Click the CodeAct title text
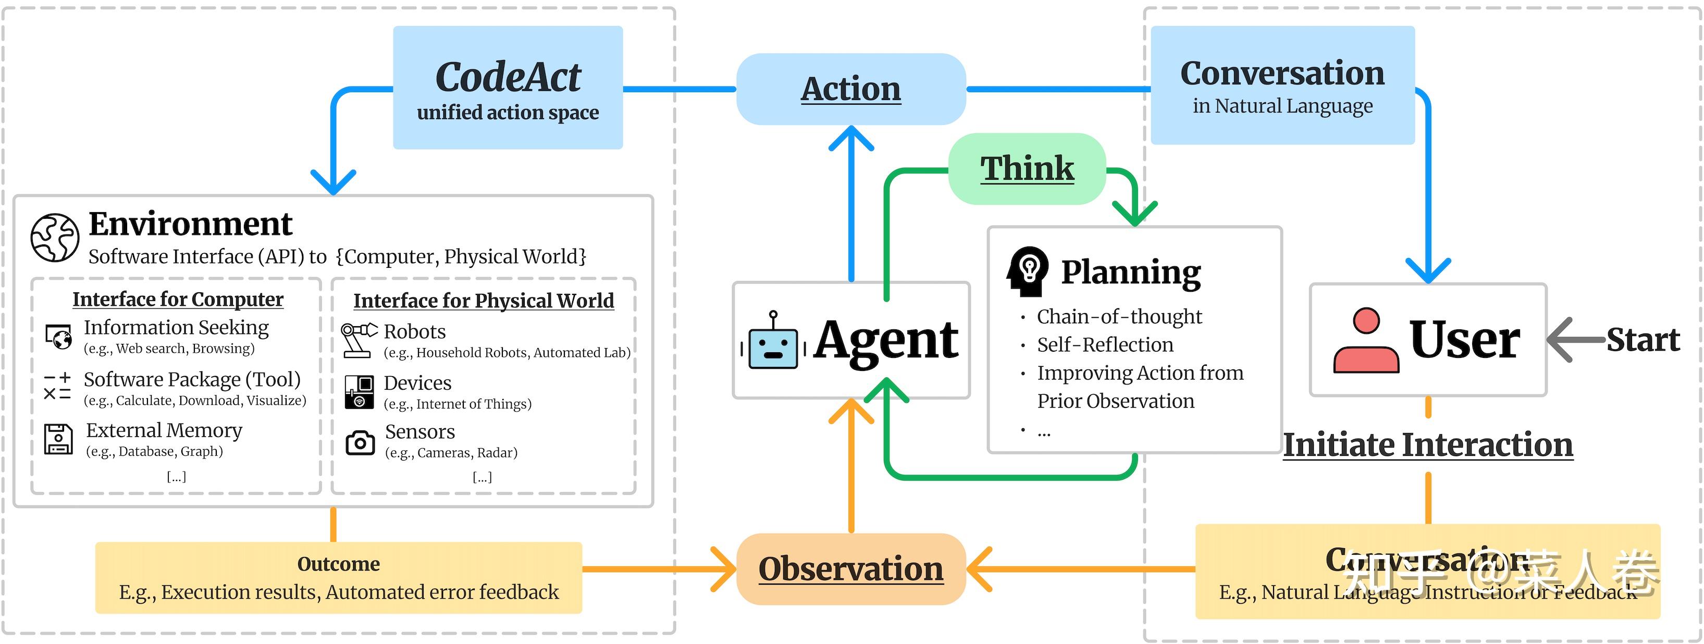pyautogui.click(x=508, y=77)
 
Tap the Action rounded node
pyautogui.click(x=850, y=89)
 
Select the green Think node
pyautogui.click(x=1027, y=169)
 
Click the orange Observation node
pyautogui.click(x=850, y=568)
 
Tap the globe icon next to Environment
pyautogui.click(x=55, y=238)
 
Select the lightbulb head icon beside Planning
pyautogui.click(x=1027, y=270)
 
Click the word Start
pyautogui.click(x=1643, y=340)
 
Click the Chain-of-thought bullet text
pyautogui.click(x=1119, y=317)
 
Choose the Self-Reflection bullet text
pyautogui.click(x=1105, y=344)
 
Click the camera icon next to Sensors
pyautogui.click(x=360, y=442)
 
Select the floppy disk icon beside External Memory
pyautogui.click(x=58, y=439)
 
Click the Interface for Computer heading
pyautogui.click(x=178, y=300)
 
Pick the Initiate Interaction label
pyautogui.click(x=1427, y=445)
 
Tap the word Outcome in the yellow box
pyautogui.click(x=338, y=564)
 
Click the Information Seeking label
pyautogui.click(x=176, y=327)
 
